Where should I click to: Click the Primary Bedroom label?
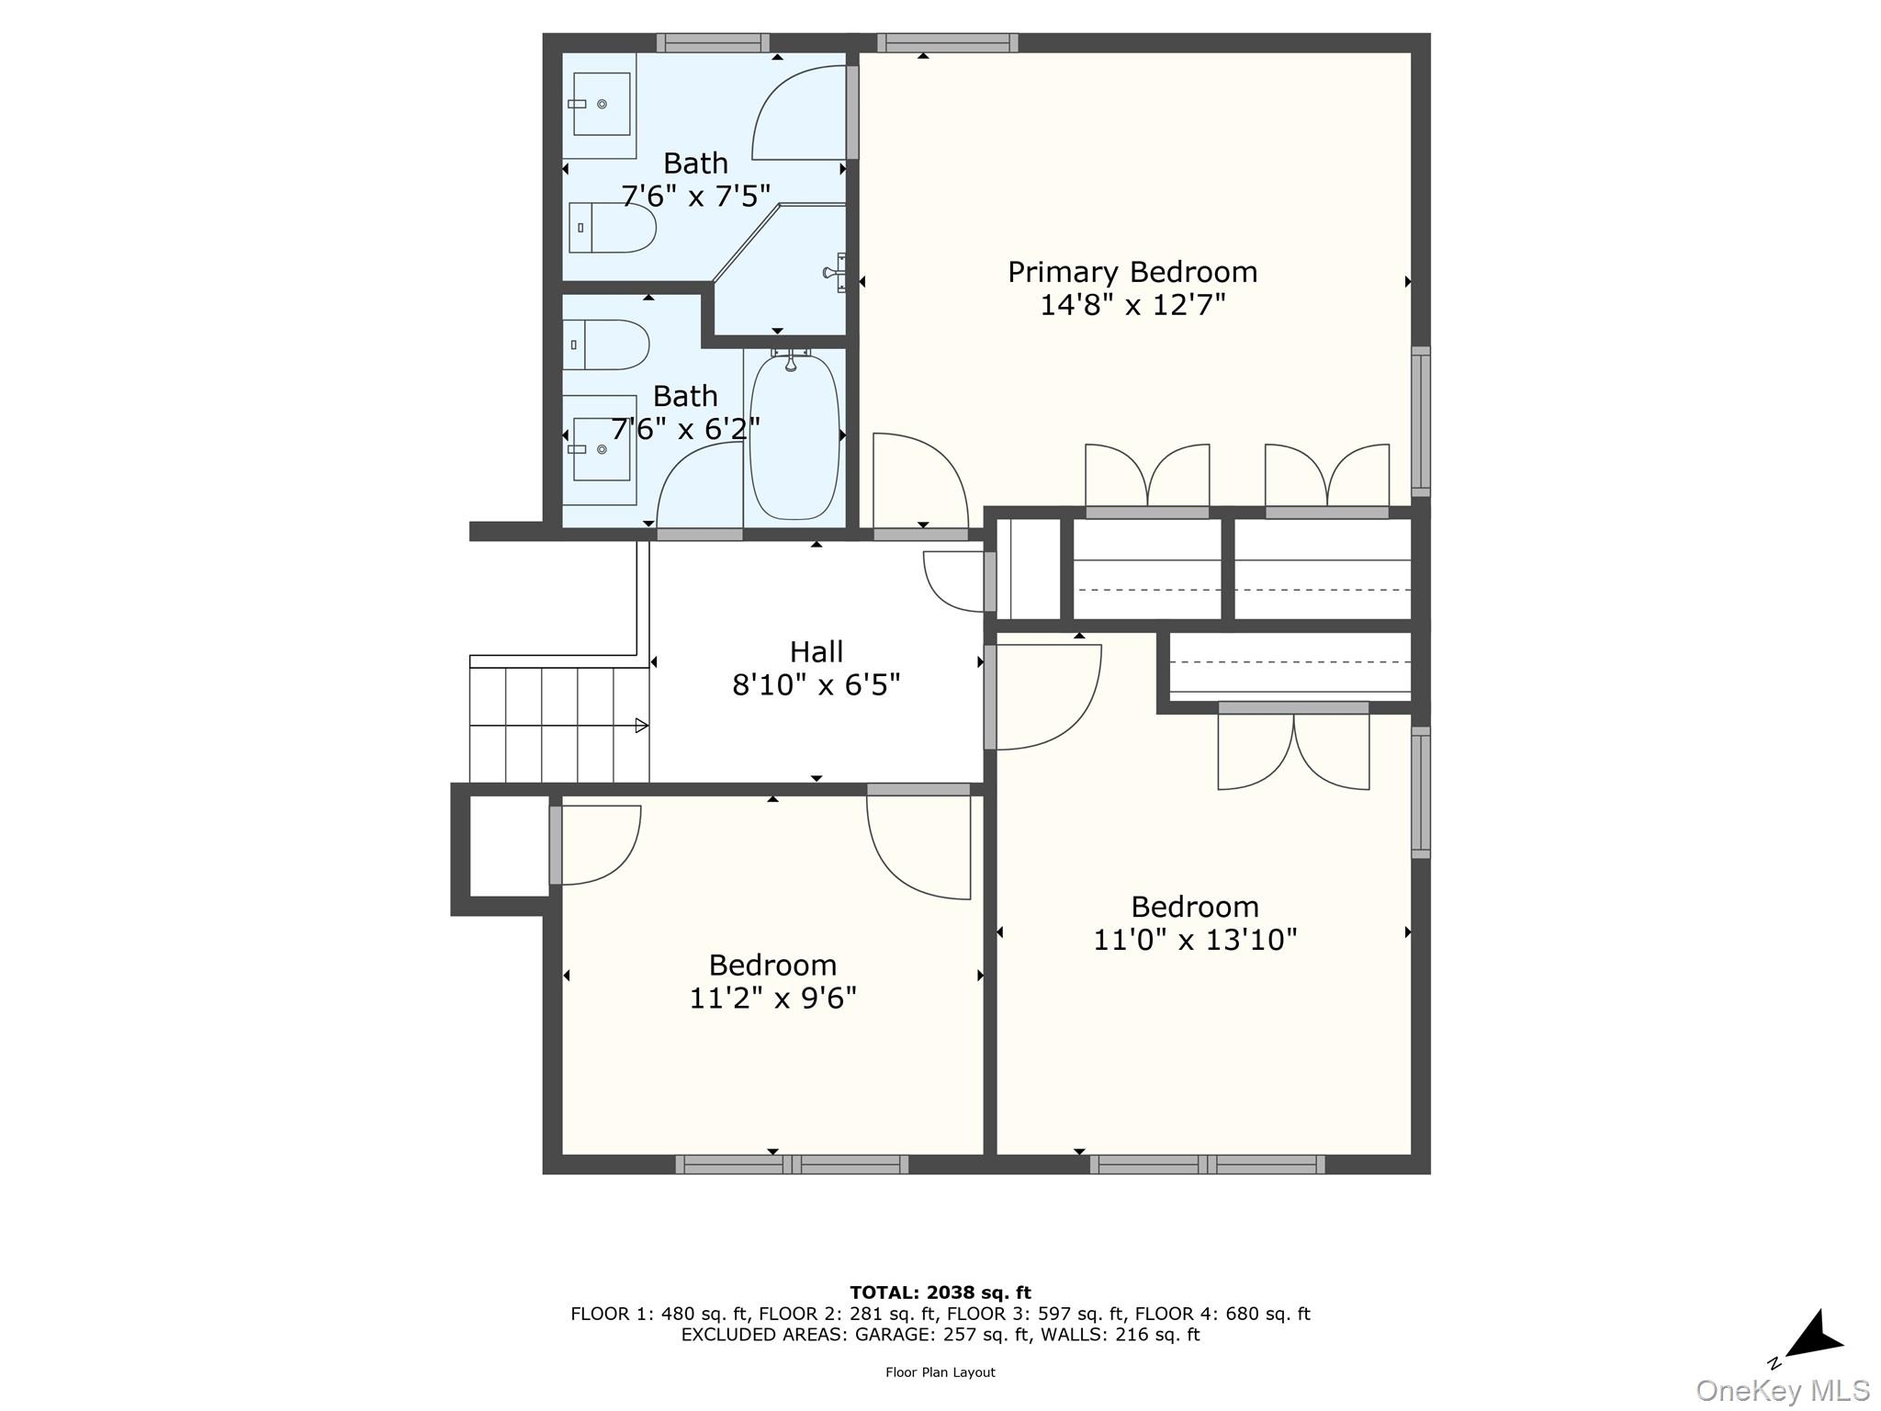tap(1132, 272)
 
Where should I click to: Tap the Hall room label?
tap(817, 651)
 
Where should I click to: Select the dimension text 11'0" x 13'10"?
tap(1195, 940)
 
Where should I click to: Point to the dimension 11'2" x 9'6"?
tap(772, 998)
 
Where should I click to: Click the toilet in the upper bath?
tap(612, 228)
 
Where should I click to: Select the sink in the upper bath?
tap(602, 104)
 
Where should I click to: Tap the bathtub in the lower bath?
tap(794, 438)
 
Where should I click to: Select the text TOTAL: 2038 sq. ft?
tap(940, 1292)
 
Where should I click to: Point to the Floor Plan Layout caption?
tap(940, 1372)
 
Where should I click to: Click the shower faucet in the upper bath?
tap(835, 272)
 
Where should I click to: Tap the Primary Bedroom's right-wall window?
tap(1421, 422)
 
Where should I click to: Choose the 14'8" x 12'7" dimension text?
tap(1132, 305)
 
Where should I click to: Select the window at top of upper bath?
tap(713, 43)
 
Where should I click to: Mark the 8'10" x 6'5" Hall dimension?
tap(817, 685)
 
